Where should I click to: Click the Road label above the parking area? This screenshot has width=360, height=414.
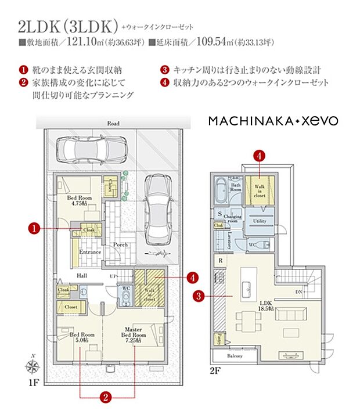tap(113, 124)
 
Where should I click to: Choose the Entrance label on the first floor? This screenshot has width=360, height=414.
tap(90, 252)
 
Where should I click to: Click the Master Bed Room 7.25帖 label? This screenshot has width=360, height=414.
tap(133, 334)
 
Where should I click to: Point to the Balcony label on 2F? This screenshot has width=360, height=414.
tap(234, 355)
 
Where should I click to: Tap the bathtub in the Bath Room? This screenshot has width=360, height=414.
tap(221, 189)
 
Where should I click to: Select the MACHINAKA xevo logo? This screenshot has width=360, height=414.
tap(273, 121)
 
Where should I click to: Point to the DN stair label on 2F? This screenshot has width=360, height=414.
tap(298, 291)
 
